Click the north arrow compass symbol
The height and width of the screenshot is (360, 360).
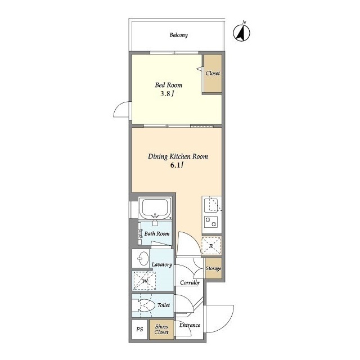(x=241, y=32)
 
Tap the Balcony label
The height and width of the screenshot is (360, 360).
(x=179, y=35)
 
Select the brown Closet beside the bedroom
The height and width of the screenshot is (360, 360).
(x=213, y=74)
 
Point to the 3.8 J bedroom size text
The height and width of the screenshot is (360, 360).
(x=167, y=94)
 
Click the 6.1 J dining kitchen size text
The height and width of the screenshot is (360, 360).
(x=177, y=165)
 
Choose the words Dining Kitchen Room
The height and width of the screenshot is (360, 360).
(x=178, y=156)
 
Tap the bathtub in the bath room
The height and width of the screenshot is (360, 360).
(x=155, y=208)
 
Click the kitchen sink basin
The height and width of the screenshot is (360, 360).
(x=211, y=205)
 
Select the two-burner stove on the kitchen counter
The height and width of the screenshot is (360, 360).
(x=211, y=222)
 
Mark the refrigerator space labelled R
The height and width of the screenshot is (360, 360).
(x=211, y=246)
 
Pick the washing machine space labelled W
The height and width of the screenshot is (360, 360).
(x=145, y=281)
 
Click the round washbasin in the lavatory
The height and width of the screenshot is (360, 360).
(x=143, y=259)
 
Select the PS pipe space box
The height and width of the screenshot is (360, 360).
(x=139, y=330)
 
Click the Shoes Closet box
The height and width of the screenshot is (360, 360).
(x=161, y=330)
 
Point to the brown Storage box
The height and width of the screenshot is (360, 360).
(x=214, y=268)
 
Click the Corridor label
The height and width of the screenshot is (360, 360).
(x=190, y=282)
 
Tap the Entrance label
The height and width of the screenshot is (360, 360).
(x=190, y=325)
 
